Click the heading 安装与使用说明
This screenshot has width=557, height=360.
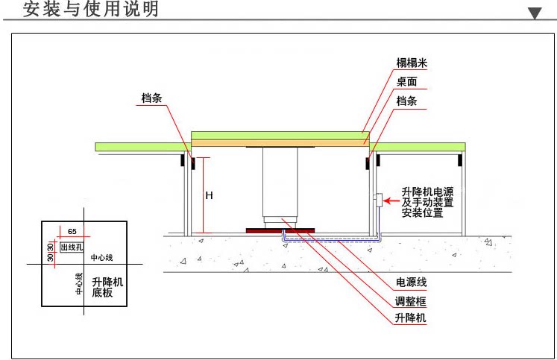91,10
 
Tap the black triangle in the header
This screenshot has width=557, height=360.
535,13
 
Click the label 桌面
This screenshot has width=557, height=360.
406,83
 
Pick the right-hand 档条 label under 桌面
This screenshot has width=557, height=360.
406,101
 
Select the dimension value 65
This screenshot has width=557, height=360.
72,232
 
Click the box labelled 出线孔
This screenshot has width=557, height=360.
72,247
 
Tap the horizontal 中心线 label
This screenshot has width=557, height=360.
101,258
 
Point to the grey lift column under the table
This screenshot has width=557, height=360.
280,183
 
